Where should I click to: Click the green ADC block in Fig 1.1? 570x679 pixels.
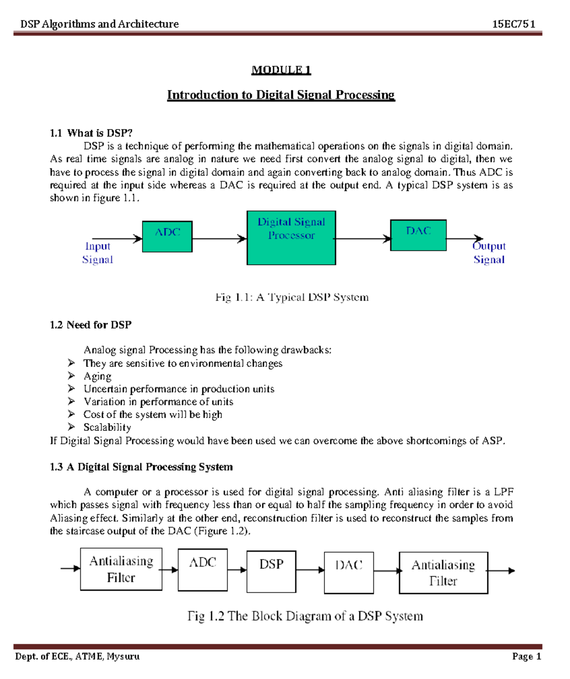coord(167,236)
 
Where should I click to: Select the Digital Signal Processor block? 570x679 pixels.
coord(291,238)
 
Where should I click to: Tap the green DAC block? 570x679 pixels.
coord(418,235)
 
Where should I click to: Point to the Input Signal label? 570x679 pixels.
coord(97,253)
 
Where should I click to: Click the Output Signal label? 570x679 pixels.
coord(489,253)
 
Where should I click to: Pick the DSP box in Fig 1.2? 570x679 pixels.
coord(271,571)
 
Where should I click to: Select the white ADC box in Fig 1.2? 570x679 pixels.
coord(202,570)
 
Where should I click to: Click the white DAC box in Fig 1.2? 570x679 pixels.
coord(349,573)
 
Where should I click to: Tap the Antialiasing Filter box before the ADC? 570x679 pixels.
coord(121,569)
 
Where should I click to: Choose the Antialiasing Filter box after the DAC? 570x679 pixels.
coord(443,573)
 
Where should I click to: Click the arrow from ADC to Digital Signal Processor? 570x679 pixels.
coord(219,239)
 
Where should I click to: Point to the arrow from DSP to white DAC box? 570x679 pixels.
coord(310,570)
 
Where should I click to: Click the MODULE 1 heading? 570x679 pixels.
coord(281,70)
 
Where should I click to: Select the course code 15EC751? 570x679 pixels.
coord(513,24)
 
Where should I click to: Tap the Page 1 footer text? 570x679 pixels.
coord(526,657)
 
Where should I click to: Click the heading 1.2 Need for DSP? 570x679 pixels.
coord(91,325)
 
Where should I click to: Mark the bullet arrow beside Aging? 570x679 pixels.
coord(71,376)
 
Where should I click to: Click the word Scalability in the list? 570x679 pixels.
coord(107,428)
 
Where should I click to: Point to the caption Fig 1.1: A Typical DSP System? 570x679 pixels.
coord(292,298)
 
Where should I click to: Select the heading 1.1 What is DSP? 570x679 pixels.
coord(91,133)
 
